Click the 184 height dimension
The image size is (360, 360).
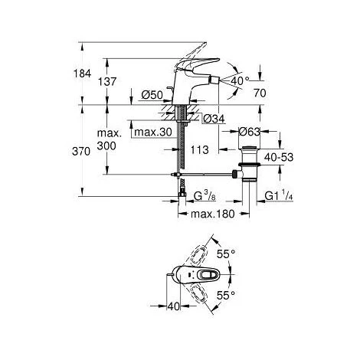(82, 74)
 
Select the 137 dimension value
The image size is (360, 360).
(107, 82)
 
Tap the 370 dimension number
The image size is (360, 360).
(81, 152)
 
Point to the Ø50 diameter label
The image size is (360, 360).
(152, 95)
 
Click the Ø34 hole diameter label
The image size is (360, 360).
(214, 119)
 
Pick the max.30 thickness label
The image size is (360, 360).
(153, 133)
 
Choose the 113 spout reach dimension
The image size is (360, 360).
(200, 150)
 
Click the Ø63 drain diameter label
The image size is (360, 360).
(249, 132)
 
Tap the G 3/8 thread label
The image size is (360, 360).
(205, 196)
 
